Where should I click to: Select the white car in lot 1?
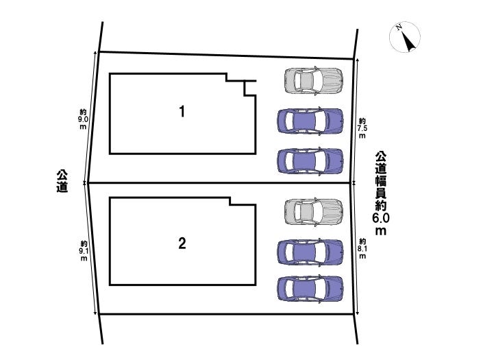point(314,80)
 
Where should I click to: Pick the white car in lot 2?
point(314,211)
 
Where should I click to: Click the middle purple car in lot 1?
point(310,121)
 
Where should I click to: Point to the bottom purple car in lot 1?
point(310,160)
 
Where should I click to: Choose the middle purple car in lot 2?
point(310,252)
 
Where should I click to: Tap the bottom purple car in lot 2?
point(310,288)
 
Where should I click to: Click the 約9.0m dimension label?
point(83,119)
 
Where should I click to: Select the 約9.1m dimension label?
point(83,251)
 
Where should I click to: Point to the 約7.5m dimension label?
point(362,128)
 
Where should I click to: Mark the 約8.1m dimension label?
point(362,248)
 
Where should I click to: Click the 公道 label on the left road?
point(62,181)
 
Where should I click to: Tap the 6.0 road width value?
point(381,218)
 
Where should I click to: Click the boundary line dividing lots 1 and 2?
point(219,183)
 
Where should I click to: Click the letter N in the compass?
point(398,29)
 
